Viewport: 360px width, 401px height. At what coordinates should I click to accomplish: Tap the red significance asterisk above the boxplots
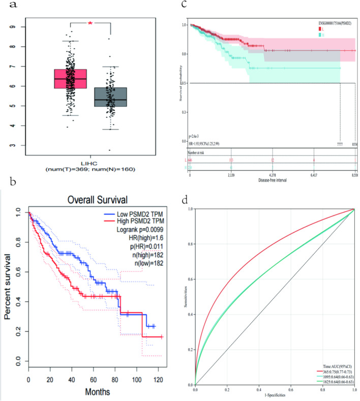[x=90, y=23]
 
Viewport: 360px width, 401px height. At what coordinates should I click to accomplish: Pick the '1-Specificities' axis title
[x=274, y=393]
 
